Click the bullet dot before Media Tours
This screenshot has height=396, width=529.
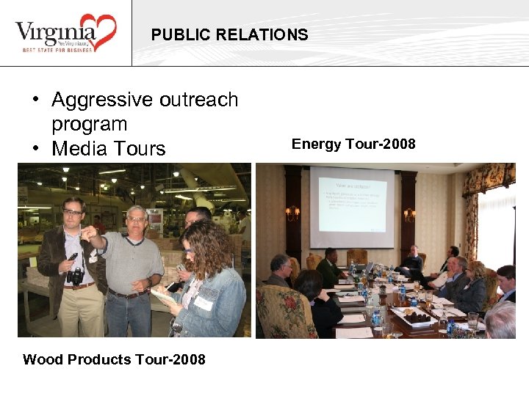[x=35, y=150]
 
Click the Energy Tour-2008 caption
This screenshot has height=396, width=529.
[x=353, y=144]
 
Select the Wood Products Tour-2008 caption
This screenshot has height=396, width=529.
[x=114, y=359]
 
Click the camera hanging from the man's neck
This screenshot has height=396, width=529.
[x=75, y=276]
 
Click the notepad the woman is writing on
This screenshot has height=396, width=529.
[x=162, y=297]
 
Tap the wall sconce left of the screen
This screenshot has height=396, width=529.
[x=292, y=213]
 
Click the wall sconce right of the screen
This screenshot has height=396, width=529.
[x=409, y=214]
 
